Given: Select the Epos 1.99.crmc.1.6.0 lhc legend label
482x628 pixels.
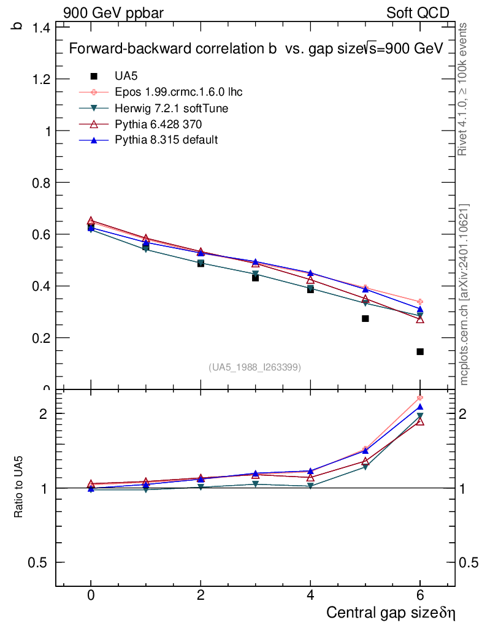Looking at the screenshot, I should click(x=178, y=92).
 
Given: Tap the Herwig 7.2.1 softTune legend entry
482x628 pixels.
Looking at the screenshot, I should click(x=172, y=108).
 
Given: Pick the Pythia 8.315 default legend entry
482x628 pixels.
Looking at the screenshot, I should click(x=166, y=140).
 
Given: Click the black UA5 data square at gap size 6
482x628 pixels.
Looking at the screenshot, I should click(x=420, y=351).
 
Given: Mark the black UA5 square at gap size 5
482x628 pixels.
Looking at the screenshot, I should click(x=365, y=318).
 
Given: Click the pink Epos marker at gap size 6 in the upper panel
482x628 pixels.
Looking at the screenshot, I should click(x=420, y=302).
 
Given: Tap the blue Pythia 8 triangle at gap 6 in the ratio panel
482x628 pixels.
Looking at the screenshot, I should click(x=420, y=407).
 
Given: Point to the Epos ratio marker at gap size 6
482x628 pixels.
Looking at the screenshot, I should click(x=420, y=398).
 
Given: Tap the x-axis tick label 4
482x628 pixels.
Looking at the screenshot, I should click(x=310, y=595).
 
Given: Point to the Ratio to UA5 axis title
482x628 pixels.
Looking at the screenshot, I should click(x=19, y=487).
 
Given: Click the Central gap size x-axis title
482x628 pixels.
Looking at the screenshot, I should click(x=391, y=613).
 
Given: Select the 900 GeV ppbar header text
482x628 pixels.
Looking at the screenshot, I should click(x=113, y=13).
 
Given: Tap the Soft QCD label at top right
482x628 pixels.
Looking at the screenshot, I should click(x=418, y=13).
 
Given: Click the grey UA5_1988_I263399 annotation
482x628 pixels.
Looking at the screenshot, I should click(x=254, y=367).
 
